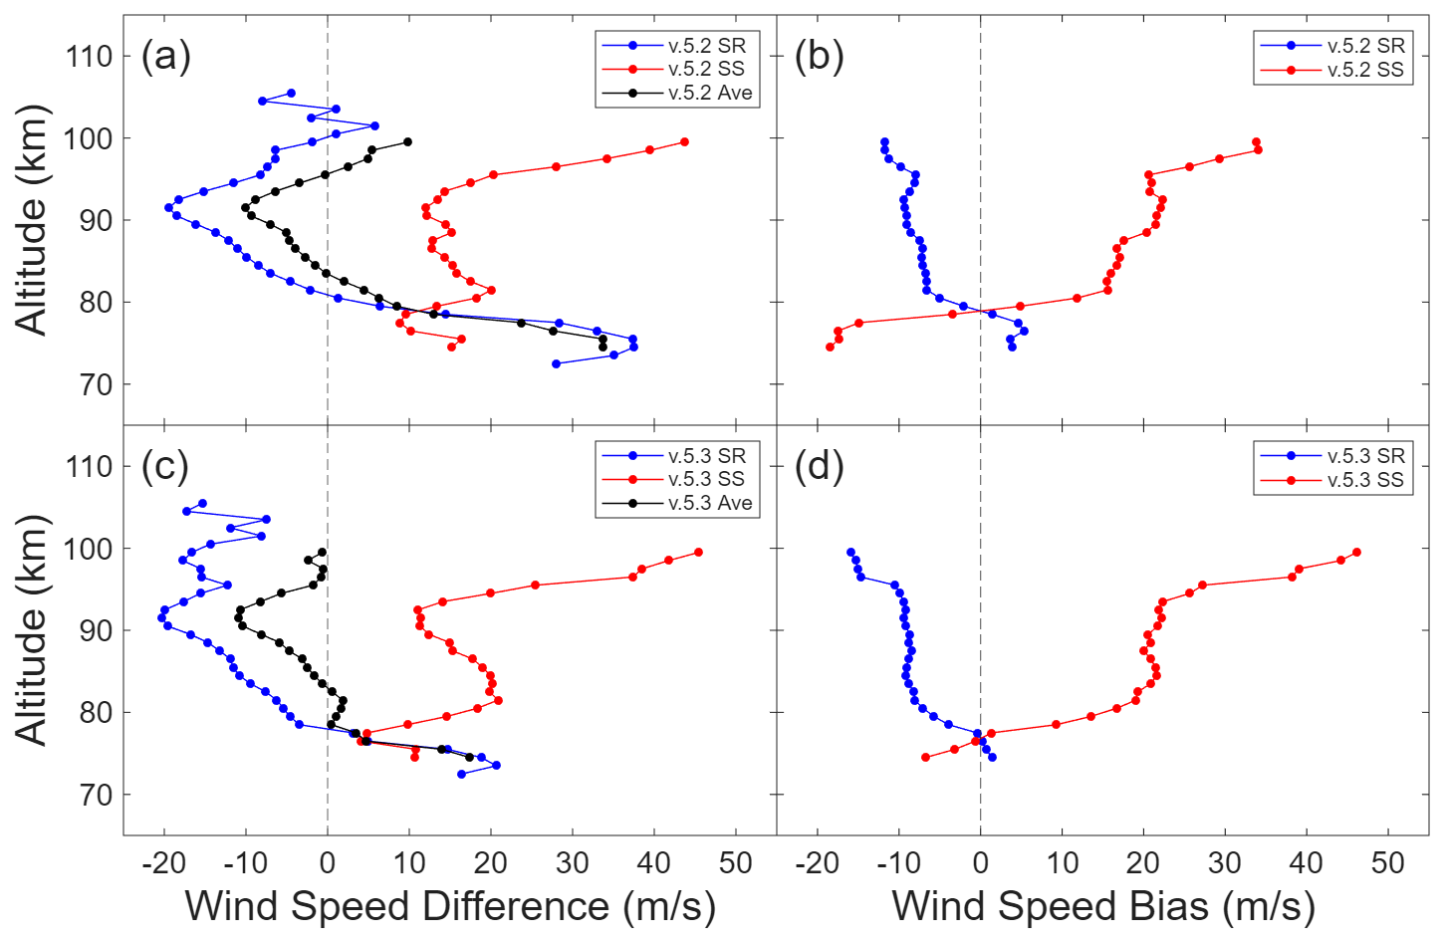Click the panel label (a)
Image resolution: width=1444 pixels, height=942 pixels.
(165, 57)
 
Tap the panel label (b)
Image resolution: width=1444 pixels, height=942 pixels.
(819, 57)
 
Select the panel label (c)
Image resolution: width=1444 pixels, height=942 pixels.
(165, 466)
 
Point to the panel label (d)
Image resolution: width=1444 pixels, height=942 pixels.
(819, 466)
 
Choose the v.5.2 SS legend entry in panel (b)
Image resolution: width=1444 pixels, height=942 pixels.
(1364, 70)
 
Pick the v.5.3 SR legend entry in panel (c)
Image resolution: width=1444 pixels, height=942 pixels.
(706, 455)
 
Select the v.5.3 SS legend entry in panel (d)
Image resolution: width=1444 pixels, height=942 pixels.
(1364, 480)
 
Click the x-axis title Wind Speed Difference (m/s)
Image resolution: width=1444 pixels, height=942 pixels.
(450, 906)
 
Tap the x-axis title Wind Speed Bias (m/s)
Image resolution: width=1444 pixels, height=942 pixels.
(1102, 906)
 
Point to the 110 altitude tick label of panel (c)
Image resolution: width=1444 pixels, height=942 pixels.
(90, 466)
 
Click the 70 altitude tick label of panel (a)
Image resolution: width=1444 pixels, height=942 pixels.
(97, 384)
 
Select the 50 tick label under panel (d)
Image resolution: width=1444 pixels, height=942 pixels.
(1387, 863)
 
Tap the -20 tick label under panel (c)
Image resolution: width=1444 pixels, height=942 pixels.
(163, 863)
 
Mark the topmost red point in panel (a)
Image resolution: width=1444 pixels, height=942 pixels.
(684, 141)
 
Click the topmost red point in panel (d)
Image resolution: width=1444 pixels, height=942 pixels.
(1356, 552)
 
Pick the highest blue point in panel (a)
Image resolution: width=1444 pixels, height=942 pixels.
(291, 93)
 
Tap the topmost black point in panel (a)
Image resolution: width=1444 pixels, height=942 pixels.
(407, 141)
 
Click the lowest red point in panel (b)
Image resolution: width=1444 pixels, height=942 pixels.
(830, 347)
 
